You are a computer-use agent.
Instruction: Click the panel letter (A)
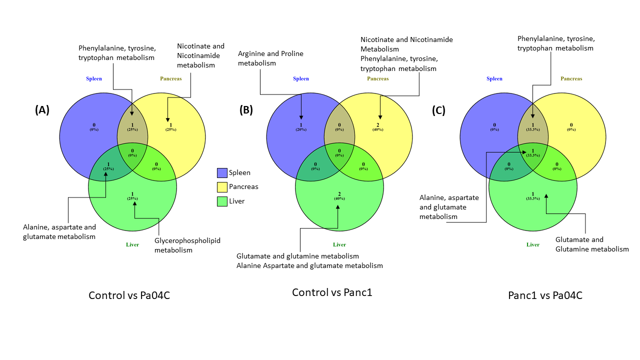[42, 110]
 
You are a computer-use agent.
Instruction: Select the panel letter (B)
[246, 110]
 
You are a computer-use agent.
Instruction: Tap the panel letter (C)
[438, 110]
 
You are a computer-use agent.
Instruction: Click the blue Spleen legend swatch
[222, 173]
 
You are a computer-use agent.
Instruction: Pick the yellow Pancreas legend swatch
[222, 187]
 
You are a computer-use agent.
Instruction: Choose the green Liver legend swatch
[222, 201]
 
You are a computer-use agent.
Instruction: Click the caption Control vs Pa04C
[129, 295]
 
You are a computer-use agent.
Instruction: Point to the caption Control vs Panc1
[332, 292]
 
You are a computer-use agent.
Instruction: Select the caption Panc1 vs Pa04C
[545, 295]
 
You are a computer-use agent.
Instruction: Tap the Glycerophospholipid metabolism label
[187, 245]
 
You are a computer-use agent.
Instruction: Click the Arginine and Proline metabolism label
[270, 58]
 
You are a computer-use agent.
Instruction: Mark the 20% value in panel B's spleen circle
[301, 129]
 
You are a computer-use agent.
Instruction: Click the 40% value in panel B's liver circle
[339, 198]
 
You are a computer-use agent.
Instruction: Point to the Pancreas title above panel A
[171, 78]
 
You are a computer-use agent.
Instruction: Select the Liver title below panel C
[533, 244]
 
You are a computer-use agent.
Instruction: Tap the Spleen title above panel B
[301, 78]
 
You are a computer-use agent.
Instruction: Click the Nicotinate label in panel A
[200, 55]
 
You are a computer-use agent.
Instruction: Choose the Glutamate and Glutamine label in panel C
[592, 244]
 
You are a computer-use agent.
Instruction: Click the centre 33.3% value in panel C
[533, 155]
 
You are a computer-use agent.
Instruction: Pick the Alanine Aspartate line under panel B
[309, 265]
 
